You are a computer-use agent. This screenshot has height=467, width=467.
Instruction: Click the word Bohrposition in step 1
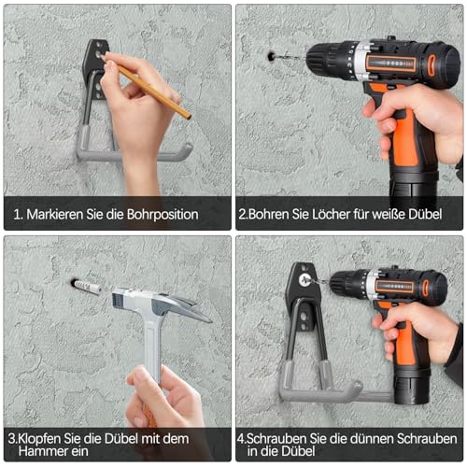coord(163,215)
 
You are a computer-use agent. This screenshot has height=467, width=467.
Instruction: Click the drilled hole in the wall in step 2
coord(271,57)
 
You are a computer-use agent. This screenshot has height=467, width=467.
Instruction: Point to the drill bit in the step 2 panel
coord(290,57)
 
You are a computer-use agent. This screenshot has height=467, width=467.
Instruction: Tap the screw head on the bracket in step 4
coord(304,279)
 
